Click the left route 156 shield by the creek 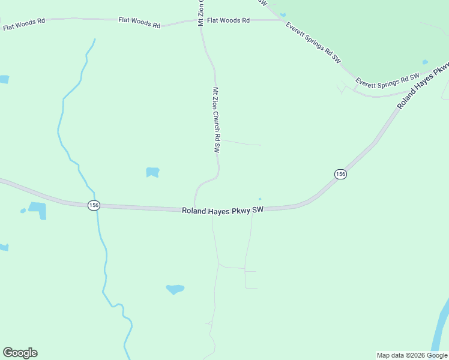(93, 205)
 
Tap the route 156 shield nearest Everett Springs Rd (340, 174)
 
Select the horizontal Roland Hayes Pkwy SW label (223, 211)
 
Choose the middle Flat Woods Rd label (139, 23)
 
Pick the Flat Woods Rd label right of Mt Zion (228, 20)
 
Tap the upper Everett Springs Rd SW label (313, 43)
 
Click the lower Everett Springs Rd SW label (387, 79)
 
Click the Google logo (20, 353)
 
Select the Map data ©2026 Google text (411, 355)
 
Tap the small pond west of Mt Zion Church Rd (152, 172)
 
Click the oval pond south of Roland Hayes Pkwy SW (175, 289)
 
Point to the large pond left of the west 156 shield (37, 209)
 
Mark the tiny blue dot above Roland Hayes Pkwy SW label (260, 199)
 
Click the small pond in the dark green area (425, 62)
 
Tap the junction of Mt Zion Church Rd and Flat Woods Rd (200, 21)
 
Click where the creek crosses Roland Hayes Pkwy (97, 206)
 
